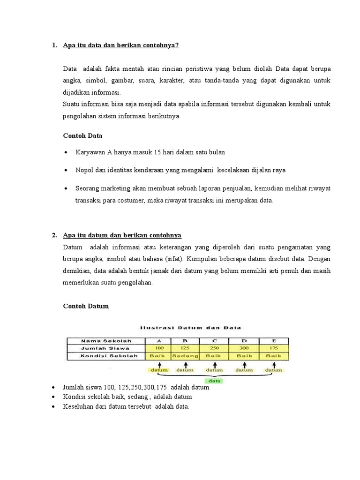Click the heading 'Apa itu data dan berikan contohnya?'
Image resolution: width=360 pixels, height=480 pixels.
point(121,45)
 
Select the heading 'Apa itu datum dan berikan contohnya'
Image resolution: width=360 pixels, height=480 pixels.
point(122,235)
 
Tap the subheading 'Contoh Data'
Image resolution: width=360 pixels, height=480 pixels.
point(82,135)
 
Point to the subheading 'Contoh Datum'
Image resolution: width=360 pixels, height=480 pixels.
point(86,306)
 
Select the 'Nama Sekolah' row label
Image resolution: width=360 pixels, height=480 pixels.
point(106,341)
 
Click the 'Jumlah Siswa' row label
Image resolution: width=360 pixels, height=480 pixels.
point(106,348)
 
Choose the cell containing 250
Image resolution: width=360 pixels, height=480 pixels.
point(215,348)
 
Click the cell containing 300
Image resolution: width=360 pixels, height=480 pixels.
point(244,348)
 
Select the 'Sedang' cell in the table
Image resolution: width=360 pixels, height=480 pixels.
point(186,356)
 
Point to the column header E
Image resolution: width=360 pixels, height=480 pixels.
point(273,341)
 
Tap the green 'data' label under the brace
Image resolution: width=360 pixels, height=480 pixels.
point(215,381)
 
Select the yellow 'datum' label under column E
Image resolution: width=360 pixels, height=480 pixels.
point(273,370)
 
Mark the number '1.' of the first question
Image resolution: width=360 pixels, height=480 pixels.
point(54,45)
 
